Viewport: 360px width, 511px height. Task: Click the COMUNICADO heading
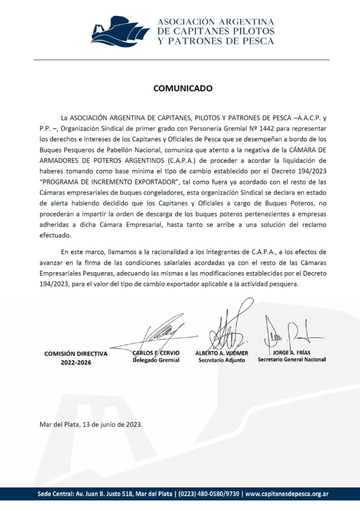click(x=182, y=89)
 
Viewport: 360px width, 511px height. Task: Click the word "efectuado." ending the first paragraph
click(x=56, y=236)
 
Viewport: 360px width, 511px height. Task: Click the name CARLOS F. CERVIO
click(x=156, y=353)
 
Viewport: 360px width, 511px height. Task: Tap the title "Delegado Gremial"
click(x=156, y=360)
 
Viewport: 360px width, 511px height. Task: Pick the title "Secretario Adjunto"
click(x=222, y=360)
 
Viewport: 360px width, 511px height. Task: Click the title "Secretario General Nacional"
click(x=292, y=359)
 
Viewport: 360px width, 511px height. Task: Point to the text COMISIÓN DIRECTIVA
click(x=76, y=353)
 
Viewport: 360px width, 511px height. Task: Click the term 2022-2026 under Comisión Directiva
click(x=76, y=362)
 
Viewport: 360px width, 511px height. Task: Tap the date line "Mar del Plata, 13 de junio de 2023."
click(x=91, y=425)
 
